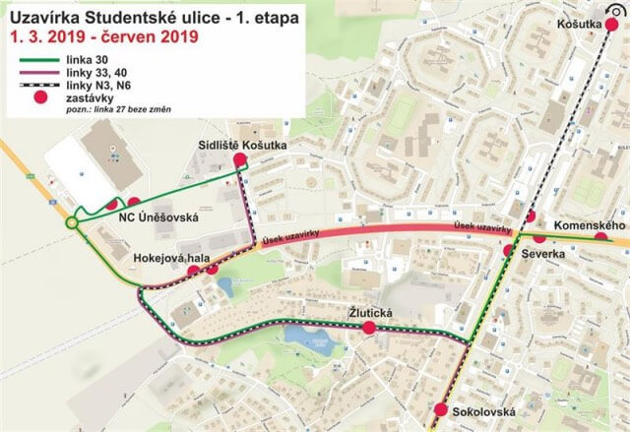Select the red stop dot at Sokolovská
(x=439, y=410)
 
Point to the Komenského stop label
(x=591, y=226)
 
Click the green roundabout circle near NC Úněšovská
(x=72, y=224)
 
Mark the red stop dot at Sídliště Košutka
(x=237, y=160)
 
